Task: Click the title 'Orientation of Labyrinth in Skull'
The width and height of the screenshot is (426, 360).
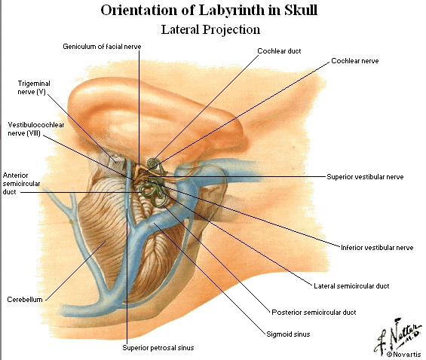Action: pyautogui.click(x=209, y=11)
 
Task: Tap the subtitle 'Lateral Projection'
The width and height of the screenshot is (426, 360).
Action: pyautogui.click(x=210, y=29)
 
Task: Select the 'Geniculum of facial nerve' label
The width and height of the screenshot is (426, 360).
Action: pyautogui.click(x=102, y=47)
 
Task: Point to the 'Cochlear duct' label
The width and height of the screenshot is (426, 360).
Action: pyautogui.click(x=279, y=51)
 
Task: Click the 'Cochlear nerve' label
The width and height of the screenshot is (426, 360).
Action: pyautogui.click(x=355, y=61)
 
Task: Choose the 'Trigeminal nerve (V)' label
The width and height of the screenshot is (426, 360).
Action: pyautogui.click(x=34, y=87)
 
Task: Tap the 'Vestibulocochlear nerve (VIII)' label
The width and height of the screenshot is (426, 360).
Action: pyautogui.click(x=36, y=129)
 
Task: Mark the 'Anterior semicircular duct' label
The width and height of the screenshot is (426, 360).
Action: pyautogui.click(x=21, y=184)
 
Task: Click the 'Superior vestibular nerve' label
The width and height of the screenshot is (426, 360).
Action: pyautogui.click(x=365, y=177)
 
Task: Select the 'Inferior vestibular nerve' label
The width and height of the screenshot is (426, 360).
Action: pyautogui.click(x=377, y=248)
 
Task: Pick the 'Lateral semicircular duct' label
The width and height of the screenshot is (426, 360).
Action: pyautogui.click(x=351, y=286)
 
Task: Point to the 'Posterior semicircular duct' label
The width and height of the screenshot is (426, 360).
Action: pyautogui.click(x=314, y=313)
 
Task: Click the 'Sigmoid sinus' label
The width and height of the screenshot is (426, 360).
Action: pyautogui.click(x=288, y=334)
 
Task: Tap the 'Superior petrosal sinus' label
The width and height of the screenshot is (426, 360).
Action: pyautogui.click(x=158, y=348)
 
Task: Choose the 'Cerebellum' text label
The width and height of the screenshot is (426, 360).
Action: pyautogui.click(x=25, y=300)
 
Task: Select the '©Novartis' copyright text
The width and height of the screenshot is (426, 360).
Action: pyautogui.click(x=403, y=354)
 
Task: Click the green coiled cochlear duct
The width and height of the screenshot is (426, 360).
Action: pyautogui.click(x=154, y=164)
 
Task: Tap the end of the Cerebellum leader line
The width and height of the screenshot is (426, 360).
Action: pyautogui.click(x=106, y=241)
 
